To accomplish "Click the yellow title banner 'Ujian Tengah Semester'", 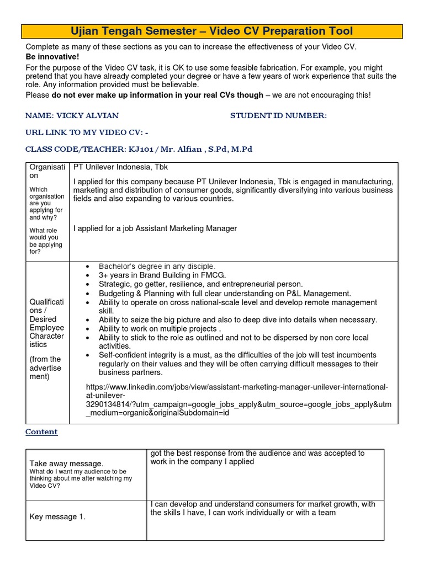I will point(212,31).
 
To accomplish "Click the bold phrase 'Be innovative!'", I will point(52,57).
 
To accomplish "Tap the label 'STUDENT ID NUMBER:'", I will point(278,115).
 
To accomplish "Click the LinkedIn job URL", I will point(238,400).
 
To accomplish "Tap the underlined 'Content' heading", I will point(41,432).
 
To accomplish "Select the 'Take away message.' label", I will point(66,463).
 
